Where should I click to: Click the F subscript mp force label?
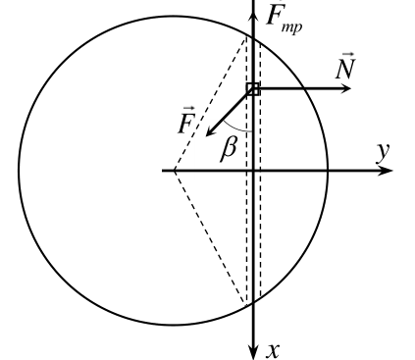point(284,17)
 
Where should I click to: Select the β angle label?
point(229,149)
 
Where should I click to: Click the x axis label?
point(273,350)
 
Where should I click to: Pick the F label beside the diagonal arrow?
point(186,121)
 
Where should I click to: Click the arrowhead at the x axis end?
point(253,351)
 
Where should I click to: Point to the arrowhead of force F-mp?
point(253,17)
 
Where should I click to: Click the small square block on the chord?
point(253,89)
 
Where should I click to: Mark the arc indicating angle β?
point(236,129)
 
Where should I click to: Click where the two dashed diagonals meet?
point(175,171)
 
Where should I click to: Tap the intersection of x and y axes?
point(253,171)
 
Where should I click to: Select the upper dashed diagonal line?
point(210,104)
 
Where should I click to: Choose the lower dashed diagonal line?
point(210,236)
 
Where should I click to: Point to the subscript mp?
point(291,27)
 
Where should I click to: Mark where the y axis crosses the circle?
point(328,171)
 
